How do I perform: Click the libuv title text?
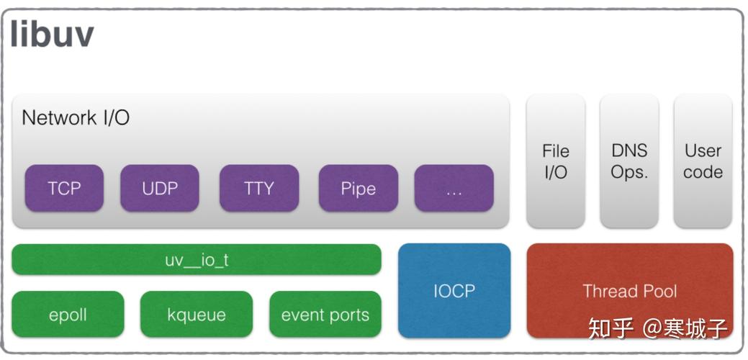[x=53, y=35]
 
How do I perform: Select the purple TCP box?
[x=64, y=189]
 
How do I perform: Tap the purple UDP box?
[x=159, y=189]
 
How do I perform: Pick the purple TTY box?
[x=258, y=189]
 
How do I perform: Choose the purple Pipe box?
[x=358, y=189]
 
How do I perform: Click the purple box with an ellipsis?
[x=454, y=189]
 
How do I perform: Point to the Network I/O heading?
[x=76, y=117]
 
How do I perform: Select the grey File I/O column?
[x=555, y=161]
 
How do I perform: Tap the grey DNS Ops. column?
[x=628, y=161]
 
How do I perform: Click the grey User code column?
[x=703, y=161]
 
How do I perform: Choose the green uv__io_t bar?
[x=197, y=259]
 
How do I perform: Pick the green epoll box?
[x=68, y=315]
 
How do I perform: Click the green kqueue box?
[x=197, y=315]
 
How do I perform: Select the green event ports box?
[x=325, y=315]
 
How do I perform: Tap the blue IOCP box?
[x=454, y=291]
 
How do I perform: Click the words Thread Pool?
[x=630, y=291]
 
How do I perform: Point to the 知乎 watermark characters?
[x=610, y=328]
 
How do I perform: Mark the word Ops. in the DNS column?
[x=629, y=173]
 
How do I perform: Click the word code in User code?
[x=703, y=173]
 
